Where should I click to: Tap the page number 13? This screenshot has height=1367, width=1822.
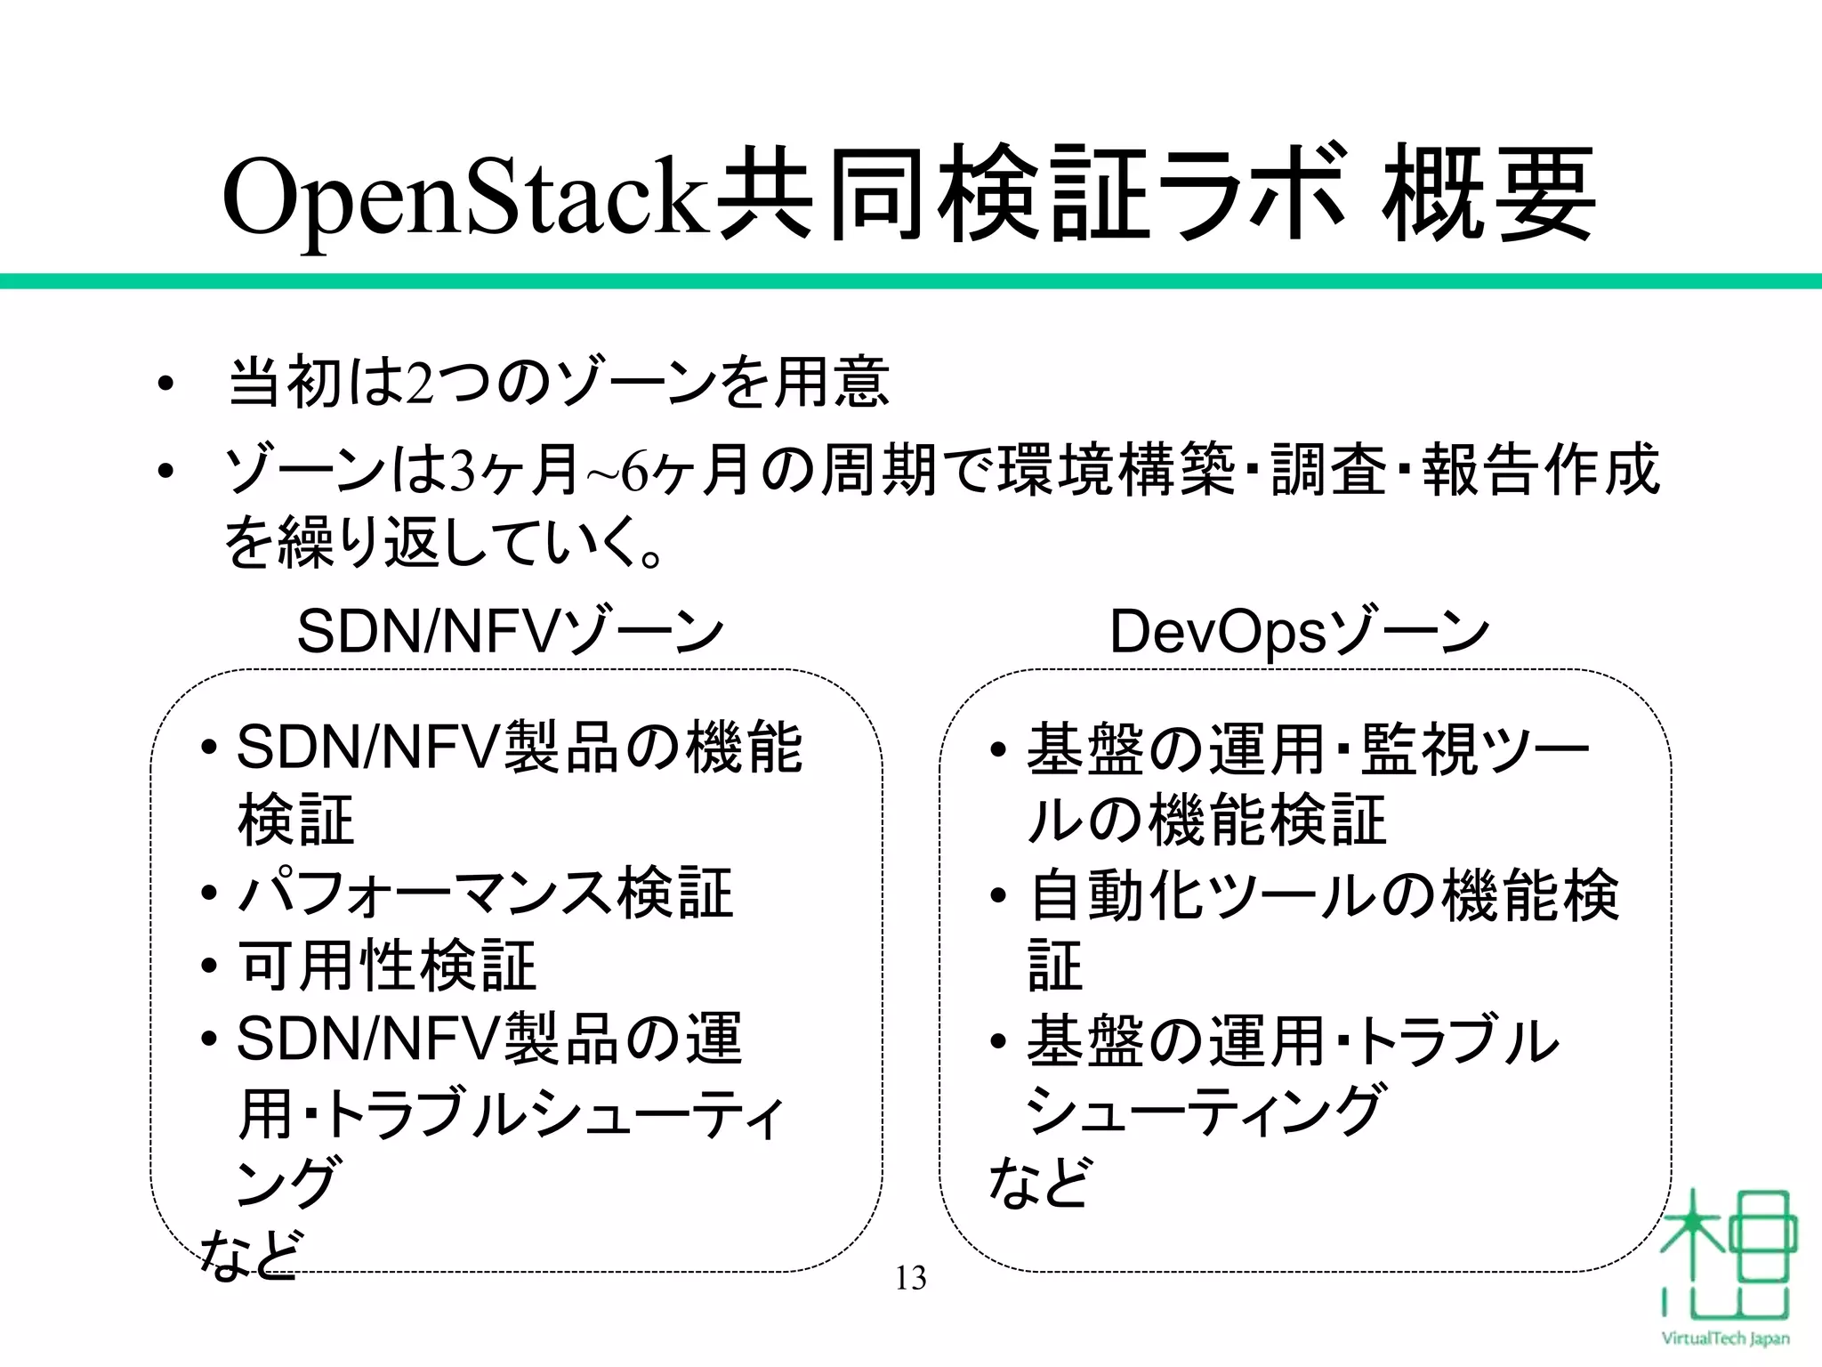pyautogui.click(x=910, y=1278)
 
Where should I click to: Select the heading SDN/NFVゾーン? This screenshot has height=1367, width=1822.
pyautogui.click(x=510, y=632)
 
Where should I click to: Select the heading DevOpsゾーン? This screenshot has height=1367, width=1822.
pyautogui.click(x=1298, y=632)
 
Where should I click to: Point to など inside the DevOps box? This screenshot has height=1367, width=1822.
pyautogui.click(x=1038, y=1183)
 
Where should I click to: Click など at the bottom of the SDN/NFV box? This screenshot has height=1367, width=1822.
pyautogui.click(x=248, y=1255)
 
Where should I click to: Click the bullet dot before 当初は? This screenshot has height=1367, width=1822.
pyautogui.click(x=164, y=385)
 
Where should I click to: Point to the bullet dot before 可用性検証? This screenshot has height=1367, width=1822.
pyautogui.click(x=210, y=967)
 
